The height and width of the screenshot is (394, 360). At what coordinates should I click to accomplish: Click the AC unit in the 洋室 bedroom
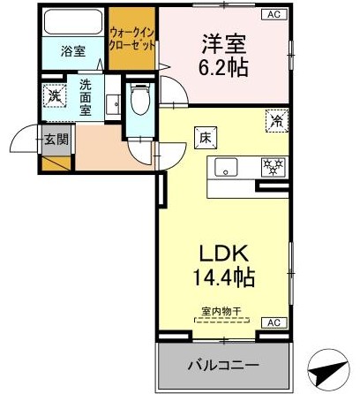click(x=274, y=14)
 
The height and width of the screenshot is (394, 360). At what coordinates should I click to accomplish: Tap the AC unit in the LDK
click(x=274, y=322)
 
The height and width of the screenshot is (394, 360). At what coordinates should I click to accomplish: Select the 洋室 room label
click(x=224, y=44)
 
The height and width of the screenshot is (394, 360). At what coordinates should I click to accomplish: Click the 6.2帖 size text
click(x=223, y=68)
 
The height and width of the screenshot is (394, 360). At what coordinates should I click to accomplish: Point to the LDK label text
click(x=224, y=254)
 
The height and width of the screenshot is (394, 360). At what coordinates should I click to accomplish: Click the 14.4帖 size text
click(x=224, y=277)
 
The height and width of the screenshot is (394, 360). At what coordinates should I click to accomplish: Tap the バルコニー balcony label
click(x=223, y=366)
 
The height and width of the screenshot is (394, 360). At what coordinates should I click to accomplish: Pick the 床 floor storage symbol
click(x=206, y=138)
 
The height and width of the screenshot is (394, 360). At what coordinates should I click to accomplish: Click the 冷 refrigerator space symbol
click(x=277, y=120)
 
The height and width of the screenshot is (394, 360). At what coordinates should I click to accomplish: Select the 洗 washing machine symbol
click(x=54, y=95)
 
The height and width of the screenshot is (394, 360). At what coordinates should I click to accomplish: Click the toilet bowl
click(x=140, y=99)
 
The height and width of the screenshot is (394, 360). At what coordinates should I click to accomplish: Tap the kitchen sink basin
click(x=226, y=167)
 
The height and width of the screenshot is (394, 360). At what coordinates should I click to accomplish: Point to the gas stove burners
click(x=274, y=167)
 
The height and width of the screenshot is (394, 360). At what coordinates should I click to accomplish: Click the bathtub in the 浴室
click(x=73, y=22)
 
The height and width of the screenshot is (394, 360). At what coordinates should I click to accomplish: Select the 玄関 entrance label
click(x=56, y=140)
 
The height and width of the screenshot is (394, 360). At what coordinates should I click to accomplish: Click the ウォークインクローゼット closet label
click(x=132, y=38)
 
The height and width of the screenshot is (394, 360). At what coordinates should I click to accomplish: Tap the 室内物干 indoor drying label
click(x=221, y=312)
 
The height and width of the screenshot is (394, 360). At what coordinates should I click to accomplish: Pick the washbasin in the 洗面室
click(x=113, y=104)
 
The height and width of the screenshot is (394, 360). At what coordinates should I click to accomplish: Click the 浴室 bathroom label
click(x=73, y=51)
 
